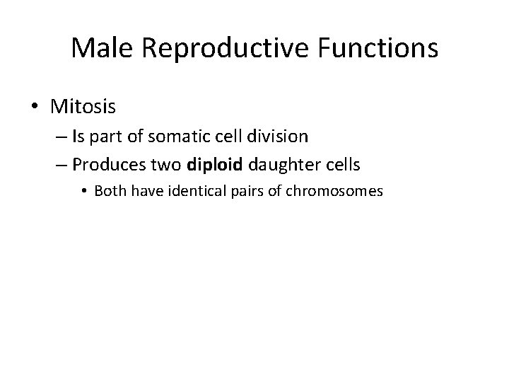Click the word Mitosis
click(83, 107)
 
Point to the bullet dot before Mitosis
click(35, 108)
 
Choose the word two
click(166, 165)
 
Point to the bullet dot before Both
click(86, 191)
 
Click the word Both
click(109, 190)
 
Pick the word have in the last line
click(142, 190)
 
